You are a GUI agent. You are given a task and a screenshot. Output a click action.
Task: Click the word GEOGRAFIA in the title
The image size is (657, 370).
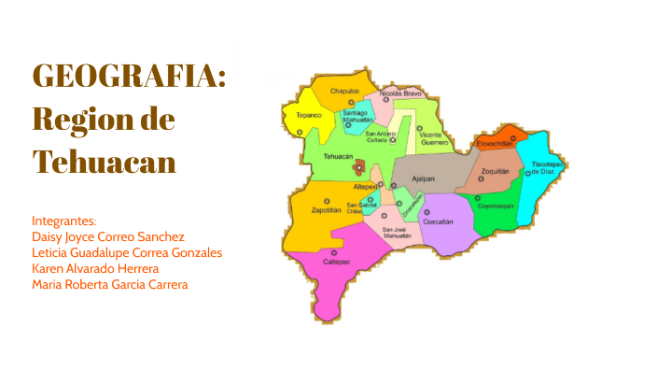point(129,77)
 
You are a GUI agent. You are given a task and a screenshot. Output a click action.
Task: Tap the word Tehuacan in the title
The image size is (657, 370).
point(104,161)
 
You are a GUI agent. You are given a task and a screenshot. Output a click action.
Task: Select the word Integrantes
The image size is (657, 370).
point(63,221)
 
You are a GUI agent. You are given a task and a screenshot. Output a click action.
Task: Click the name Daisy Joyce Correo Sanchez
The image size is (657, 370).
point(108,236)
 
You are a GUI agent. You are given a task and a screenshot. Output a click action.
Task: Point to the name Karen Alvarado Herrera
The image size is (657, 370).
point(95,268)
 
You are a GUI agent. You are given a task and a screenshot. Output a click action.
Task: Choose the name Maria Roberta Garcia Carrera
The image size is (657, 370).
point(109,284)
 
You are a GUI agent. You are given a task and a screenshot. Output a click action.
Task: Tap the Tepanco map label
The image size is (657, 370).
point(309,115)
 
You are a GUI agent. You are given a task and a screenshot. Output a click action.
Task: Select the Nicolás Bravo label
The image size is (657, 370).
point(401,93)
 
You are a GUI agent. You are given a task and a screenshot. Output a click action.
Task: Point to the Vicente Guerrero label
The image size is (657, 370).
point(433,138)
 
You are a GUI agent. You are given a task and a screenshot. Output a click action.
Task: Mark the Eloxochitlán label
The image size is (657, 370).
point(496,144)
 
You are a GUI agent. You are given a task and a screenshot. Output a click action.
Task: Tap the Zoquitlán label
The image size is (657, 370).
point(495,172)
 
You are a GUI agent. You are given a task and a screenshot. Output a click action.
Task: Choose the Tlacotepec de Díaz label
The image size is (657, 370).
point(548,167)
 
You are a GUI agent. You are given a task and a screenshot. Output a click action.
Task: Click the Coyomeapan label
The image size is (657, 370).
point(496,206)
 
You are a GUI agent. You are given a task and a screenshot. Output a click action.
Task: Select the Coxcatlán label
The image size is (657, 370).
point(438,221)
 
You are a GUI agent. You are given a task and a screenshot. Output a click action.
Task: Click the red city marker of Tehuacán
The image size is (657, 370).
point(359,167)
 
